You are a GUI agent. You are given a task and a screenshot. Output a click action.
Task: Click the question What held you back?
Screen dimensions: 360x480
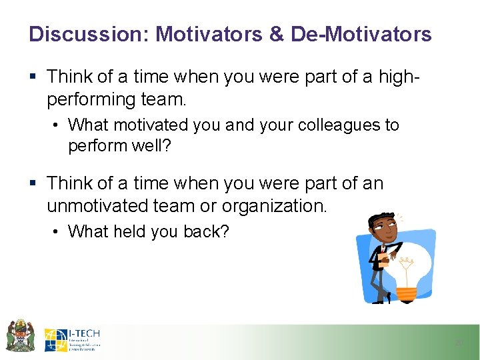(148, 231)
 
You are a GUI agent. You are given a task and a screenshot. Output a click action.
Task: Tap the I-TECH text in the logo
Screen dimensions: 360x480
(85, 333)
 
